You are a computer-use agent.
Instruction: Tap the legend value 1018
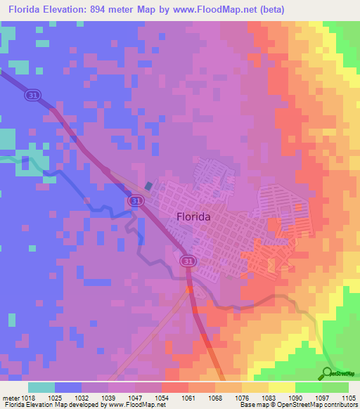[23, 398]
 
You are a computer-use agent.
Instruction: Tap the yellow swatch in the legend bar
[281, 387]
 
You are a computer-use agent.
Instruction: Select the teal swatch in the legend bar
[41, 387]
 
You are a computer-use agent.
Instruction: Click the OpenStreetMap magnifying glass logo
[328, 373]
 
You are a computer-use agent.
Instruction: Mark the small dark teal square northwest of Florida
[148, 186]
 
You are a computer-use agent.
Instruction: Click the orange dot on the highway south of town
[188, 288]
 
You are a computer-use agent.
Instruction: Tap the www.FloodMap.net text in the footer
[131, 405]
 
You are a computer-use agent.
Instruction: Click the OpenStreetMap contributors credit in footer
[321, 405]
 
